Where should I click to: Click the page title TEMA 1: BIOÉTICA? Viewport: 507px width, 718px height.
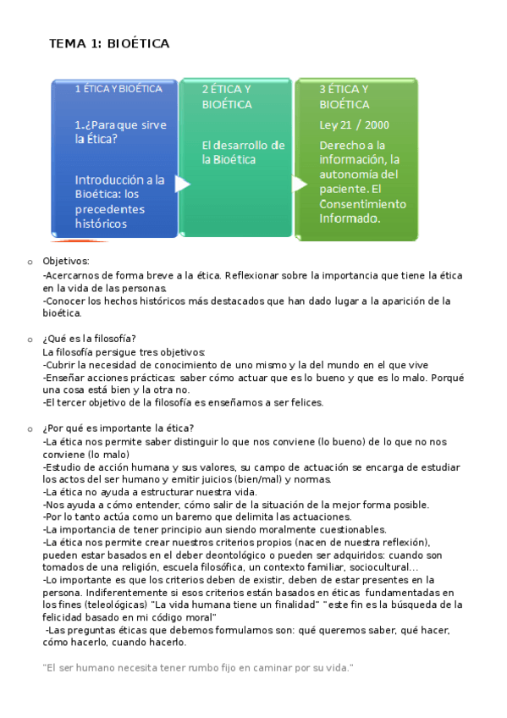(x=109, y=43)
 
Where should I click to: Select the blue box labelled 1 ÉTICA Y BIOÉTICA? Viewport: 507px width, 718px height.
(x=115, y=157)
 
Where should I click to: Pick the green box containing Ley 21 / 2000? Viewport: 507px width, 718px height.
(x=356, y=157)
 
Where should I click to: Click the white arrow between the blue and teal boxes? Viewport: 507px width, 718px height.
(x=181, y=184)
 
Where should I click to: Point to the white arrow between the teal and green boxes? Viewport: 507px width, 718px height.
(x=299, y=183)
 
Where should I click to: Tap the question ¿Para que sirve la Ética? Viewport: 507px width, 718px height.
(x=120, y=131)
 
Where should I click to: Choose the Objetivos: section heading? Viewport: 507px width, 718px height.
(x=65, y=262)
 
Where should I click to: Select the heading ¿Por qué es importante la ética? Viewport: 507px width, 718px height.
(x=118, y=428)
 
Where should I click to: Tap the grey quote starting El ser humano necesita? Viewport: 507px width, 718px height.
(x=196, y=668)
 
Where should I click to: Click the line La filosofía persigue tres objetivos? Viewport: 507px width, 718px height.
(x=124, y=351)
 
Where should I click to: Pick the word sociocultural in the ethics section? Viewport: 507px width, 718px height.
(x=379, y=567)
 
